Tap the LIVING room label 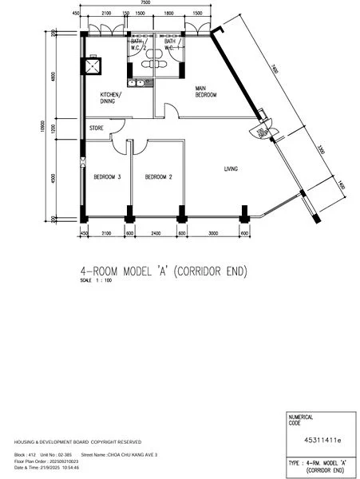click(231, 168)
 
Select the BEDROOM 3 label click(107, 177)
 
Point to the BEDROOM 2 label click(159, 177)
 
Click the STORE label click(97, 126)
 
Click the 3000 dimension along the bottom click(213, 233)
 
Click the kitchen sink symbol click(138, 81)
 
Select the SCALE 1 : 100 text click(97, 281)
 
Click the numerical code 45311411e click(322, 439)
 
